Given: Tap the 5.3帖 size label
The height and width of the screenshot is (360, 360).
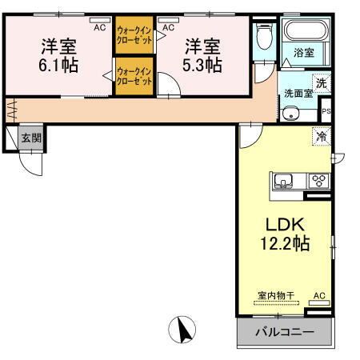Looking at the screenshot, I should point(203,65).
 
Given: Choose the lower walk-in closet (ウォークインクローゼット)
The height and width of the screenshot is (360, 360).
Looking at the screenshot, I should point(134,76).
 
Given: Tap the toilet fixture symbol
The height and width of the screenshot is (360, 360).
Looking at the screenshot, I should point(264,38).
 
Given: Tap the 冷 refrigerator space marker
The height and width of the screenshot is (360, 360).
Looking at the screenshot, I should point(321,138).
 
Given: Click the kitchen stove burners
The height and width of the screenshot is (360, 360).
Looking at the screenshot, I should point(318,181).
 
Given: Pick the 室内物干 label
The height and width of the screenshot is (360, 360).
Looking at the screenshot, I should point(276,296).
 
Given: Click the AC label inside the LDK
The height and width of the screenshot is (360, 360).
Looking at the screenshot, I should point(319,296).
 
